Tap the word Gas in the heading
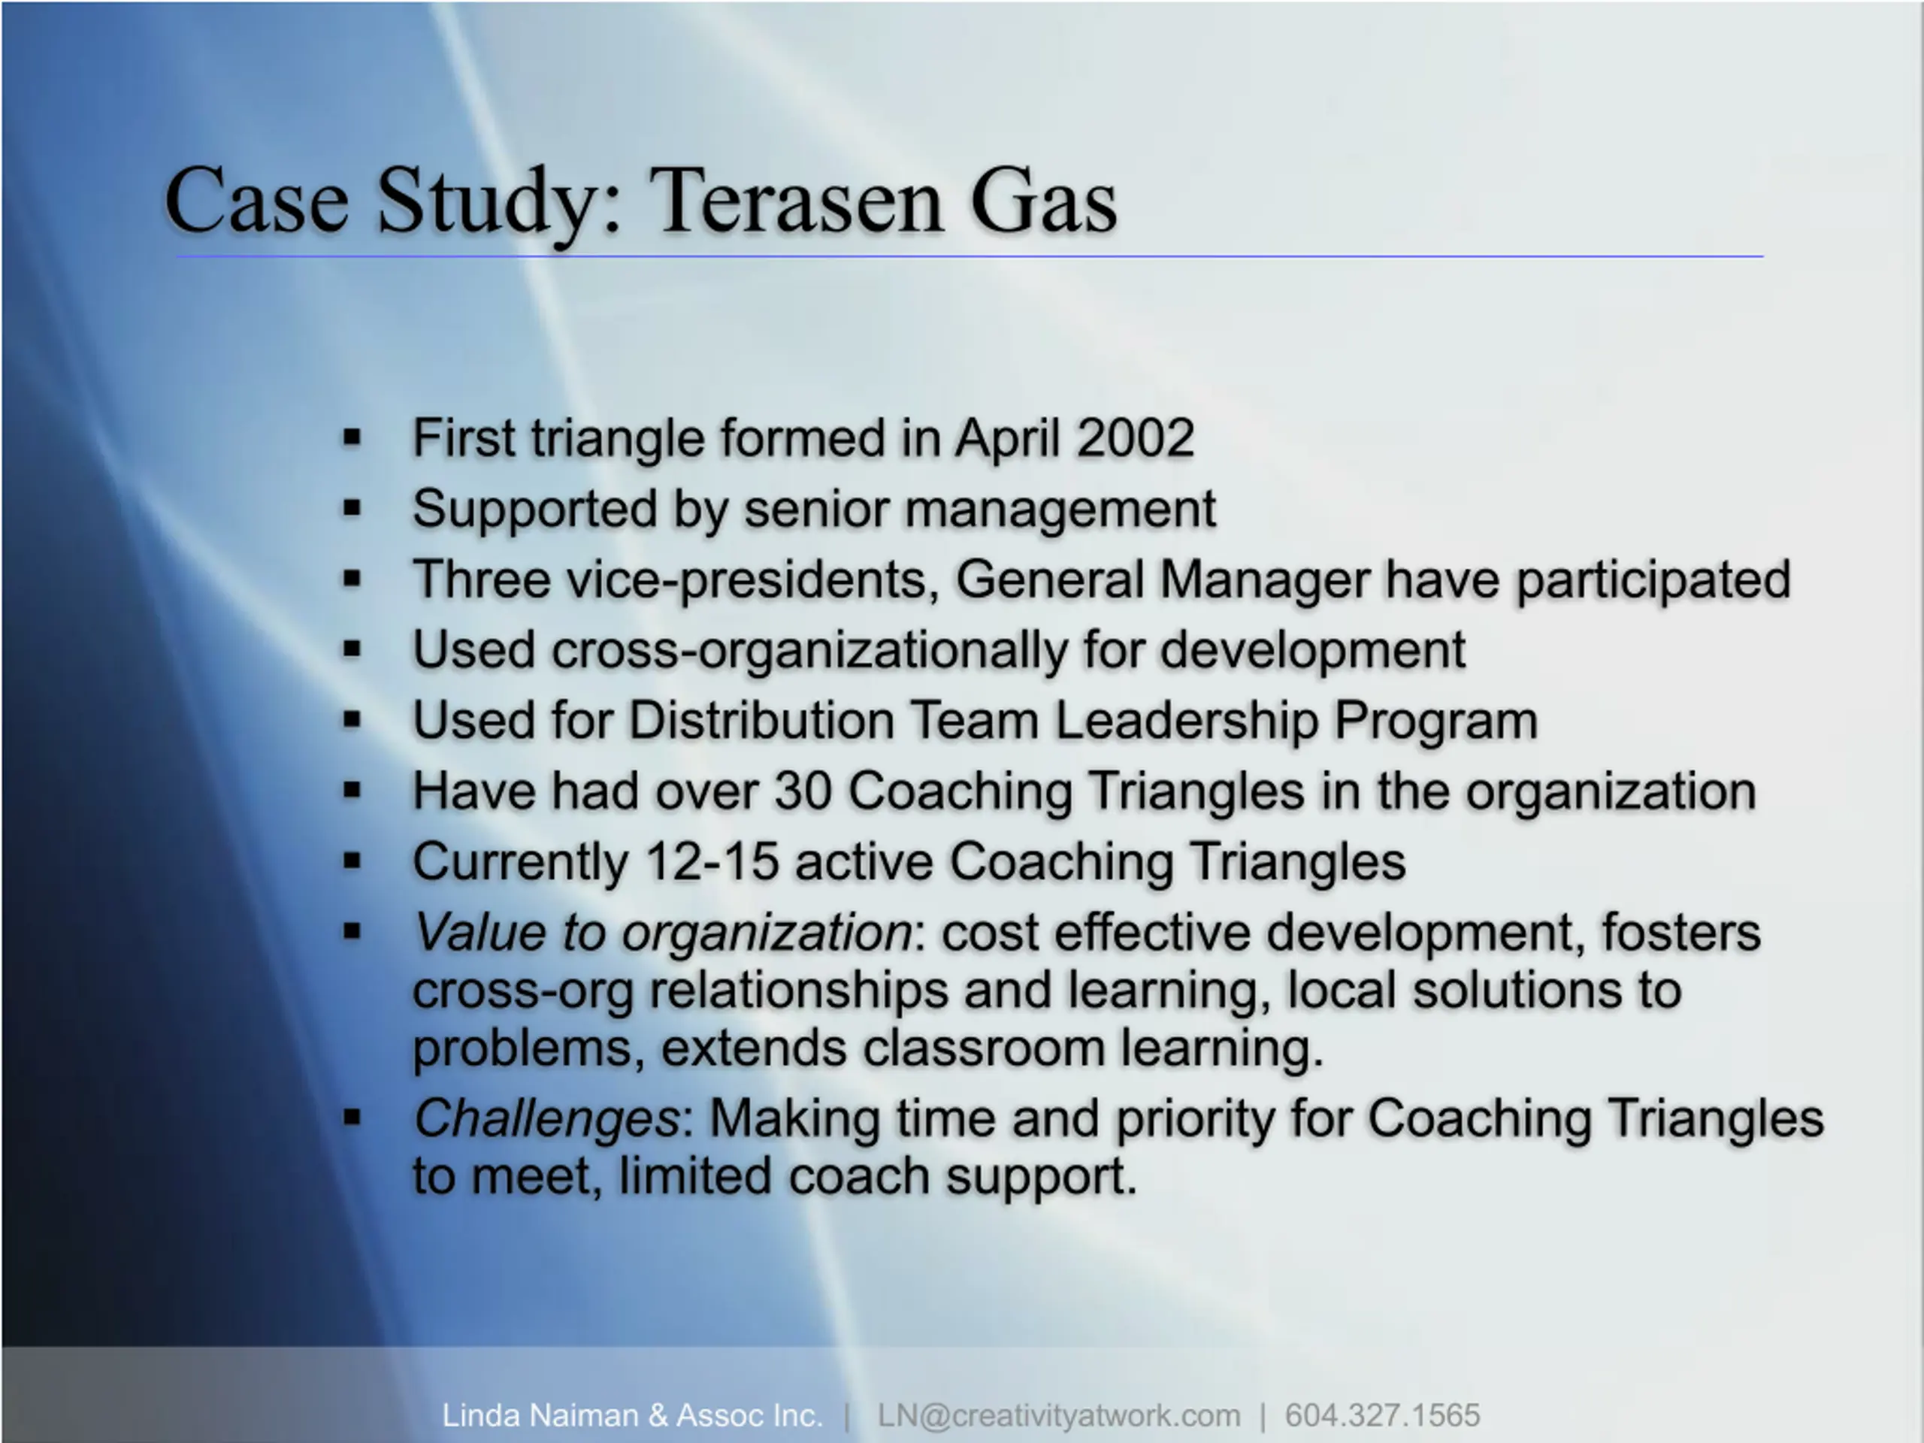tap(1044, 201)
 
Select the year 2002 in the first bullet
tap(1135, 437)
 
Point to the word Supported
tap(534, 510)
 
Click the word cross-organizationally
tap(809, 652)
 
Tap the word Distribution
tap(761, 721)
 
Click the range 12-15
tap(712, 863)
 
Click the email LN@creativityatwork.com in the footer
tap(1058, 1416)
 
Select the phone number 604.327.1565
tap(1382, 1415)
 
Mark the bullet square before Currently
tap(352, 862)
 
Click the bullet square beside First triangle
tap(352, 437)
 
